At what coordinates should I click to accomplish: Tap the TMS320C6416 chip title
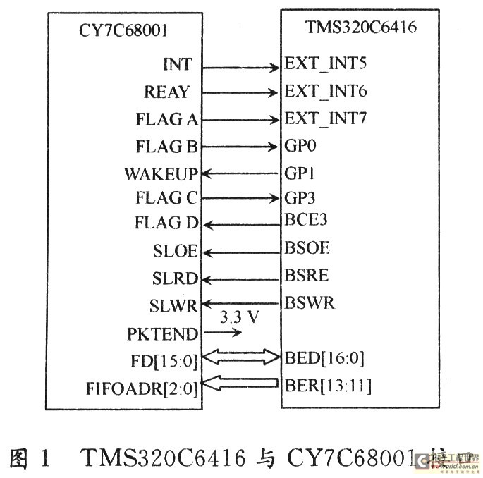click(x=360, y=28)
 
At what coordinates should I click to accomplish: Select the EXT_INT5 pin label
click(x=326, y=63)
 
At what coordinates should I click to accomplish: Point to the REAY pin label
click(x=167, y=92)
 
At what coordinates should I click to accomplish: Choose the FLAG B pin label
click(x=166, y=147)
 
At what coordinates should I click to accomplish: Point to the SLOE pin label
click(x=175, y=251)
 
